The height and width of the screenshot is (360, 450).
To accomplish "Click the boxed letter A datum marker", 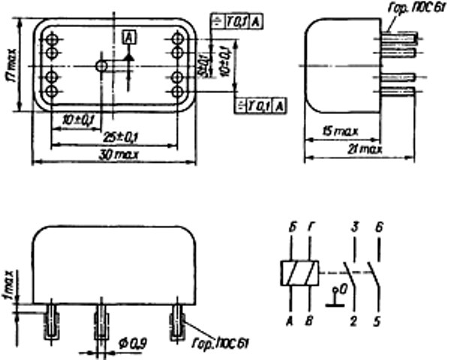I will (128, 35).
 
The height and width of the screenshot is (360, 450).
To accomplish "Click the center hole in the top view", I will (101, 66).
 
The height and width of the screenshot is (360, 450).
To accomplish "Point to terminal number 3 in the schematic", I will (353, 226).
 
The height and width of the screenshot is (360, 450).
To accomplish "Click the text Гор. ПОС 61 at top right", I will (409, 9).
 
